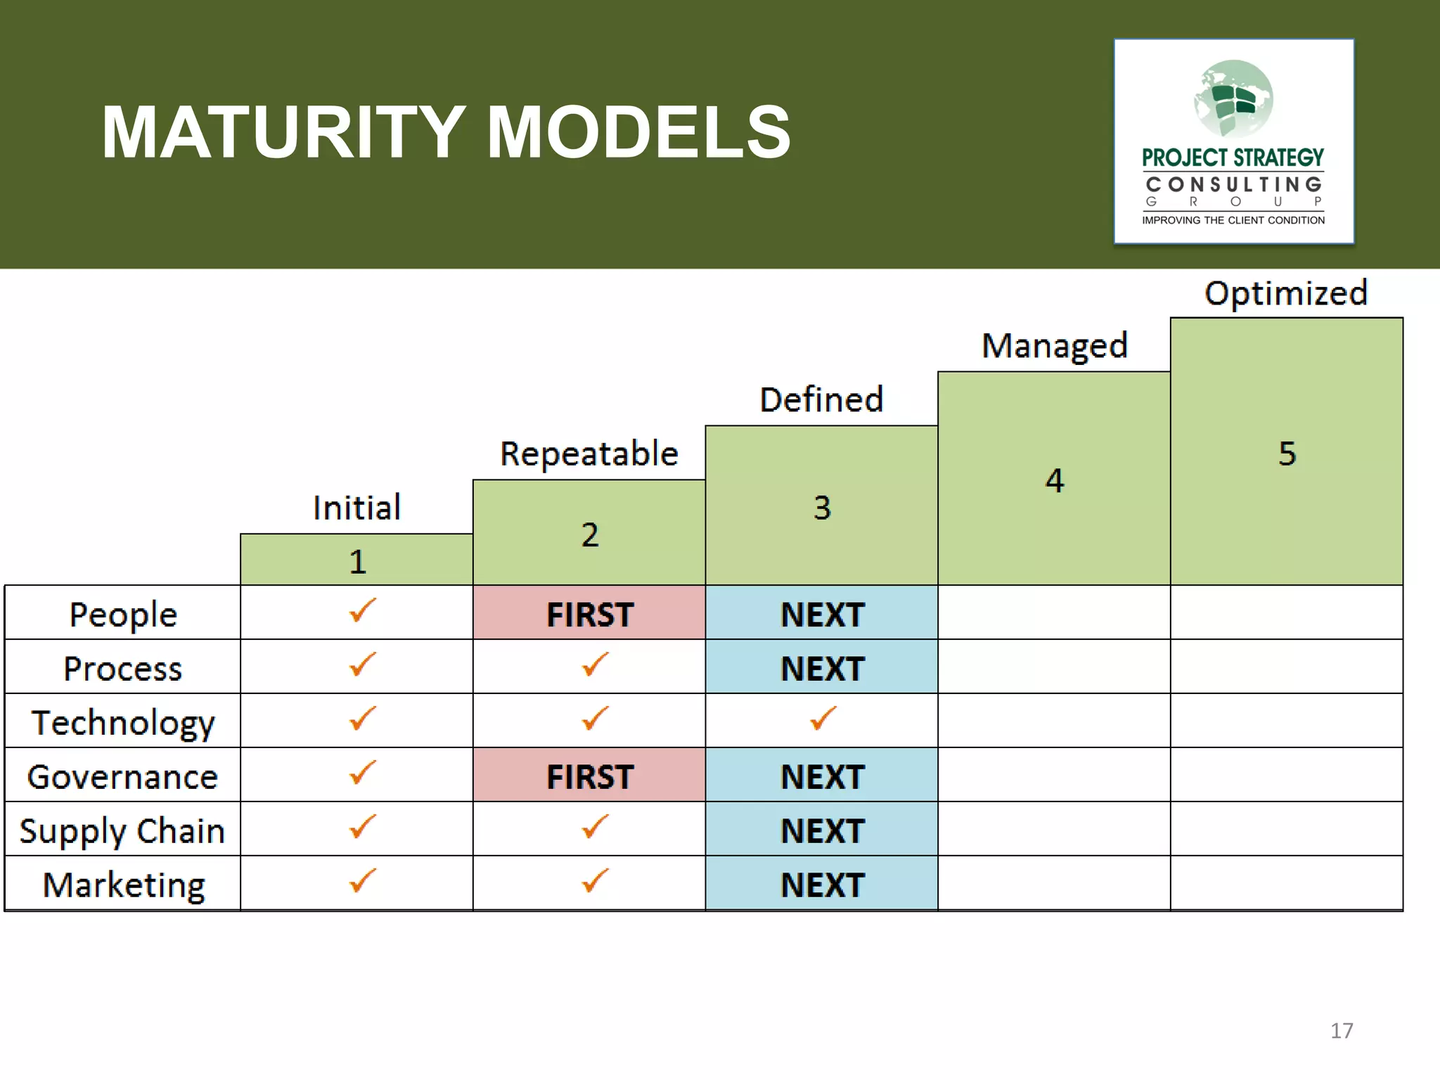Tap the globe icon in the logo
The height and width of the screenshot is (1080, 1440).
pyautogui.click(x=1233, y=98)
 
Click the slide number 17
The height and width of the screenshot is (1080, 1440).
pyautogui.click(x=1341, y=1031)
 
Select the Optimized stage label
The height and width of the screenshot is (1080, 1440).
pyautogui.click(x=1286, y=293)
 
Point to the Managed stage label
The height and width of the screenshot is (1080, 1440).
pyautogui.click(x=1054, y=346)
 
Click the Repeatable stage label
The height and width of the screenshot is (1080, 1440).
pyautogui.click(x=589, y=454)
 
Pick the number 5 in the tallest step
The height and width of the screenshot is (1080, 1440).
pyautogui.click(x=1287, y=454)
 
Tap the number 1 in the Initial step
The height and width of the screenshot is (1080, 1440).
pyautogui.click(x=357, y=562)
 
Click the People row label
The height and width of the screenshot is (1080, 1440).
pyautogui.click(x=123, y=615)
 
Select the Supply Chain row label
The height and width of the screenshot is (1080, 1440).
pyautogui.click(x=122, y=831)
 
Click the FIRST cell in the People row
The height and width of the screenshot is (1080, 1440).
pyautogui.click(x=589, y=614)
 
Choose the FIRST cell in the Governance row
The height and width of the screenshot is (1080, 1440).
pyautogui.click(x=589, y=776)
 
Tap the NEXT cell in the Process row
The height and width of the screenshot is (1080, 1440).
pyautogui.click(x=822, y=668)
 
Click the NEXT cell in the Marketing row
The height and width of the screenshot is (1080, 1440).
pyautogui.click(x=822, y=885)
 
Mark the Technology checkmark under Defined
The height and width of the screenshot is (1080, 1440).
pyautogui.click(x=822, y=719)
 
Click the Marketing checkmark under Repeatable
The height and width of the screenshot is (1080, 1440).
pyautogui.click(x=594, y=881)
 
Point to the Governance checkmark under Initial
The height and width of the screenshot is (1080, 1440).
pyautogui.click(x=361, y=773)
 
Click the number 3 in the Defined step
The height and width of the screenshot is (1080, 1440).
pyautogui.click(x=822, y=508)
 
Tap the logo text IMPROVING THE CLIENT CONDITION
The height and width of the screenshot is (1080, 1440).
pyautogui.click(x=1233, y=221)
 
